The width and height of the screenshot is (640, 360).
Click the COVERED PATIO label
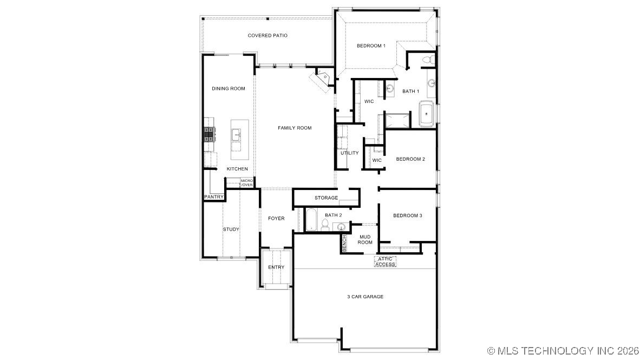point(267,36)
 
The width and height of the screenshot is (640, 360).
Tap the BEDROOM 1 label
point(371,46)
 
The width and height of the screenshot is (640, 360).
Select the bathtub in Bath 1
point(428,114)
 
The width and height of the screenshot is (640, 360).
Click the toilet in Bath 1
point(426,58)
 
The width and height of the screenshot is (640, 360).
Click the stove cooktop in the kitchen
point(209,134)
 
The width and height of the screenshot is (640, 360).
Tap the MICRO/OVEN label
point(247,183)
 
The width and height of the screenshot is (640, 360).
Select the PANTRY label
point(214,197)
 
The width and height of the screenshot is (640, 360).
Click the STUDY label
point(231,230)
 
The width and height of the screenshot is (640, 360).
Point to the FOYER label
point(276,219)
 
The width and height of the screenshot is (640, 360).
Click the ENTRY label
point(276,267)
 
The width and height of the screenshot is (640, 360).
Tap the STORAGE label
point(326,198)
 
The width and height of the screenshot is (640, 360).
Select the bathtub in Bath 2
point(311,220)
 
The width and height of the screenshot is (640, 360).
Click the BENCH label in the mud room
point(344,243)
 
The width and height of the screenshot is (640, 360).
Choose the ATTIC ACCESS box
point(385,261)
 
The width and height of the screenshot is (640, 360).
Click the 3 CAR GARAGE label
point(365,297)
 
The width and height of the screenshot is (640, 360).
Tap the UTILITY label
point(349,153)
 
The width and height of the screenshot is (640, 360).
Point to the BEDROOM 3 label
point(407,215)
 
